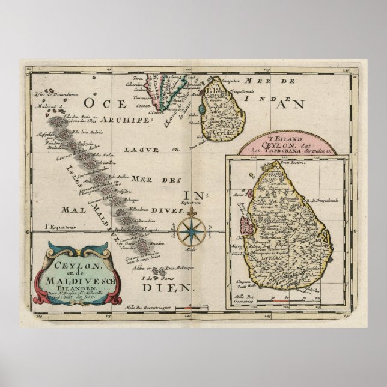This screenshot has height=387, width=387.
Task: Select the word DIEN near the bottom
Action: coord(179,287)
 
